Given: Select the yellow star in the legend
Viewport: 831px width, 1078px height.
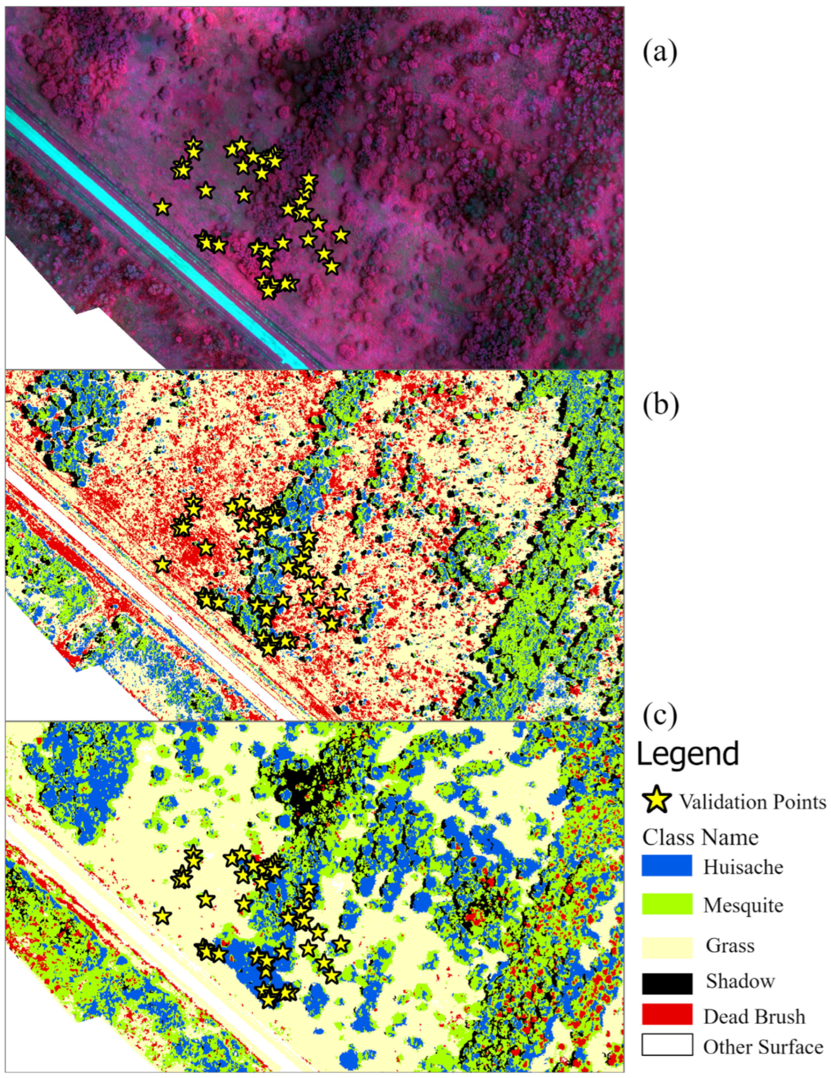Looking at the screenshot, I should pos(657,801).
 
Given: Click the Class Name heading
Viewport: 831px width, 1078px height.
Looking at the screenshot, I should pos(700,837).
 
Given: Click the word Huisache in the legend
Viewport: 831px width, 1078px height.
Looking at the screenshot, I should pos(743,867).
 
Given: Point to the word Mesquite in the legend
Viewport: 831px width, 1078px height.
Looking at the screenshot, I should pos(743,905).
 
